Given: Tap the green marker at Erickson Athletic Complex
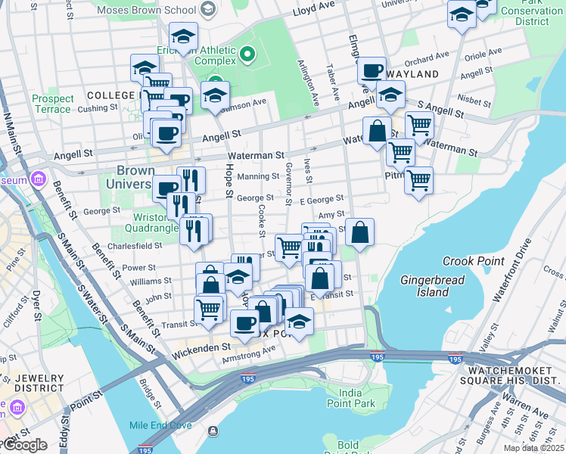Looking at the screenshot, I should tap(247, 54).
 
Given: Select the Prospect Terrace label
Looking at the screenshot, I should tap(53, 104).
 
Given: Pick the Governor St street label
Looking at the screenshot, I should tap(288, 183).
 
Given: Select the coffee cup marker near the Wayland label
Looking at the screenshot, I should tap(372, 71).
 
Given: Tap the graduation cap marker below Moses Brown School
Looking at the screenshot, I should tap(183, 36).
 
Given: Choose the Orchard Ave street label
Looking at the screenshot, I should tap(427, 59).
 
